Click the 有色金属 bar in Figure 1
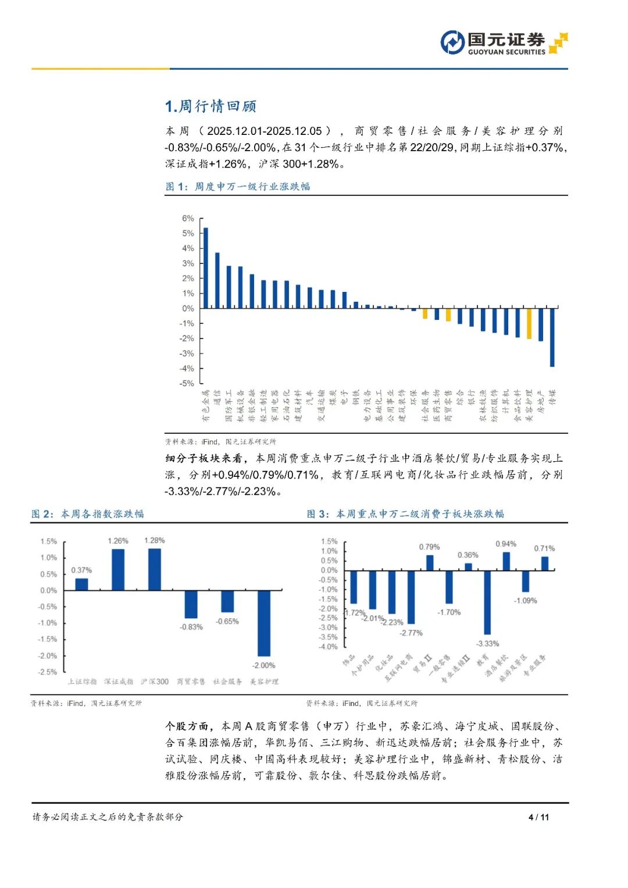(205, 268)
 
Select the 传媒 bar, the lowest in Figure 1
(552, 337)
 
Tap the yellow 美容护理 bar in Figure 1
(529, 323)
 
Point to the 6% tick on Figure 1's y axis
(188, 219)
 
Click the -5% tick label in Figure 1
(187, 384)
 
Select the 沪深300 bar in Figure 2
(155, 569)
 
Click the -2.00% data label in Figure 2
(263, 665)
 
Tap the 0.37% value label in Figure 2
(81, 570)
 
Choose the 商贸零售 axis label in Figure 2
(191, 682)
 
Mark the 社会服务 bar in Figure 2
(227, 601)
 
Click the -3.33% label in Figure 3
(487, 643)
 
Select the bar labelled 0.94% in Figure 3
(506, 561)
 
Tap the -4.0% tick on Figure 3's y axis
(329, 647)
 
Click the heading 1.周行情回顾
(210, 106)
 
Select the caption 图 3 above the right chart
(405, 514)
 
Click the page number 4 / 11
(538, 817)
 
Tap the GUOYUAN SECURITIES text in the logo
(506, 52)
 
